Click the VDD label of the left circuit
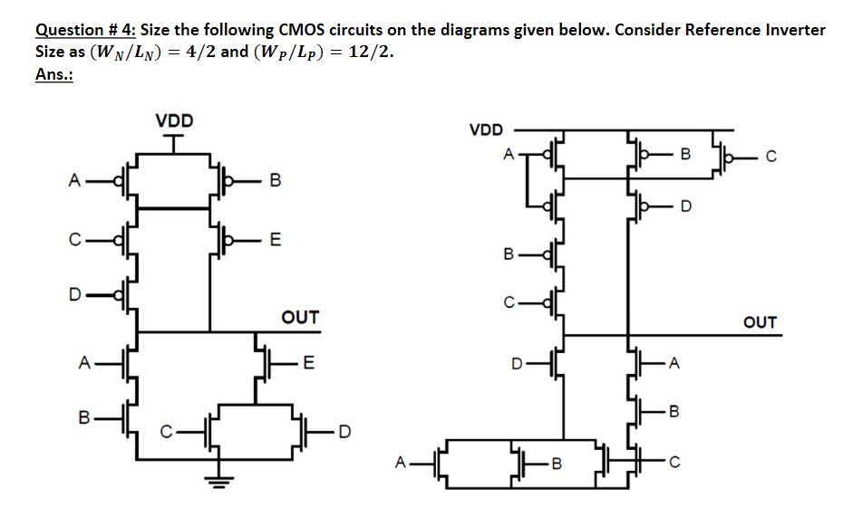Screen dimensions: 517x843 [x=174, y=120]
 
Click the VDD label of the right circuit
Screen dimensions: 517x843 [x=486, y=129]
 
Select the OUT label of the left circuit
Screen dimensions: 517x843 [x=300, y=317]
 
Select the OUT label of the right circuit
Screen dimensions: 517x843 [x=760, y=322]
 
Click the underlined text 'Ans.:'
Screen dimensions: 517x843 [x=53, y=75]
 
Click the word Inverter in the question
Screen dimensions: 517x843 [x=796, y=29]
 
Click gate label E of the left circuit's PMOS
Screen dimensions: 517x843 [x=276, y=240]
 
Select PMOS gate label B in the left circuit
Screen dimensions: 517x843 [x=276, y=182]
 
